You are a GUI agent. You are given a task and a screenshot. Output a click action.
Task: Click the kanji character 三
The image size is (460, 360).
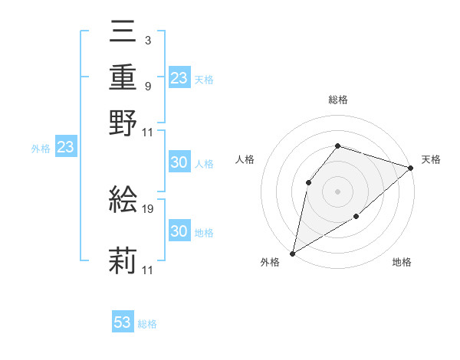click(123, 34)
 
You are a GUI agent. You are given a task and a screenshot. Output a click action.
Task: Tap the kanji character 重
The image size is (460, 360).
click(123, 78)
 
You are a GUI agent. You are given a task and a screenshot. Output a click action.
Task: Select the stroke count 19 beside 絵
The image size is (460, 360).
click(149, 208)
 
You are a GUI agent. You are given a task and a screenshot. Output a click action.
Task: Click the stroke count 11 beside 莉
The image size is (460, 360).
click(148, 270)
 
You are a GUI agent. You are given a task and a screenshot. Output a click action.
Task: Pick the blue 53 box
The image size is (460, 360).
click(123, 322)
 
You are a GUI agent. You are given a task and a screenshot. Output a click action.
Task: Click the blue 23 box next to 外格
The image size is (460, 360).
click(65, 148)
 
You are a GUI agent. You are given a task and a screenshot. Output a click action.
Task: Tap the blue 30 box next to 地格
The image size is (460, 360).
click(179, 231)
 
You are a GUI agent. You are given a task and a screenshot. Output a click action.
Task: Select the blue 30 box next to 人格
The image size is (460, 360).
click(179, 162)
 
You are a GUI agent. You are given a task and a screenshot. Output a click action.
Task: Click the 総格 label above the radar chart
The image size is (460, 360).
click(338, 100)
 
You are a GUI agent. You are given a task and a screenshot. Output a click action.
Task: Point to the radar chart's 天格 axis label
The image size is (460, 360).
click(431, 159)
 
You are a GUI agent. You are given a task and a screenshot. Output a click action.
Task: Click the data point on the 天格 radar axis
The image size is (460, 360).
click(411, 168)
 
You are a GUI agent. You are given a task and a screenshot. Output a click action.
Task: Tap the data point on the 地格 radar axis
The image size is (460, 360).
click(356, 218)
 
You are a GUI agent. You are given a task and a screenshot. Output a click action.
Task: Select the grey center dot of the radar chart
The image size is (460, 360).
click(337, 191)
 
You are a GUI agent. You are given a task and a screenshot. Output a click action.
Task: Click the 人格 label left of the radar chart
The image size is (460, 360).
click(245, 159)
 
